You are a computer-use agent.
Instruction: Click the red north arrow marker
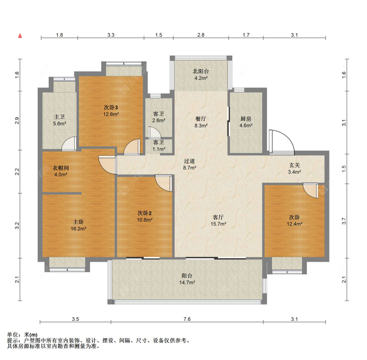coord(20,36)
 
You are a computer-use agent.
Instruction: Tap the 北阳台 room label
coord(201,71)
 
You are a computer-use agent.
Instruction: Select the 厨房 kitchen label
coord(246,119)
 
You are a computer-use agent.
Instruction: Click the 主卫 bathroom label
coord(59,117)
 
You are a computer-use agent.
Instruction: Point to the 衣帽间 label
coord(61,168)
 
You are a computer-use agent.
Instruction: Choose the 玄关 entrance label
coord(295,165)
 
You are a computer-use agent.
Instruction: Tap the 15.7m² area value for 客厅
coord(218,224)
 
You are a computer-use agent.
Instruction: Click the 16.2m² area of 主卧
coord(78,228)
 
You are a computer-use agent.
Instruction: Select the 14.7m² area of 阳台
coord(187,282)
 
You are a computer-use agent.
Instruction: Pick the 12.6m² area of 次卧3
coord(111,114)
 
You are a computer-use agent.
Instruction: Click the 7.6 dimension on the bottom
coord(187,319)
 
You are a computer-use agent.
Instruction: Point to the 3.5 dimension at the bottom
coord(75,319)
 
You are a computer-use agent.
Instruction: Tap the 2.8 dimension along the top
coord(201,35)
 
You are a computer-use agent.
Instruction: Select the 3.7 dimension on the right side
coord(344,221)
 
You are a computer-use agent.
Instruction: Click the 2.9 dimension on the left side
coord(17,120)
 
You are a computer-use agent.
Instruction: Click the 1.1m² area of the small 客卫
coord(159,149)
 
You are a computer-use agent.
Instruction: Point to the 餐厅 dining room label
coord(201,119)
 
